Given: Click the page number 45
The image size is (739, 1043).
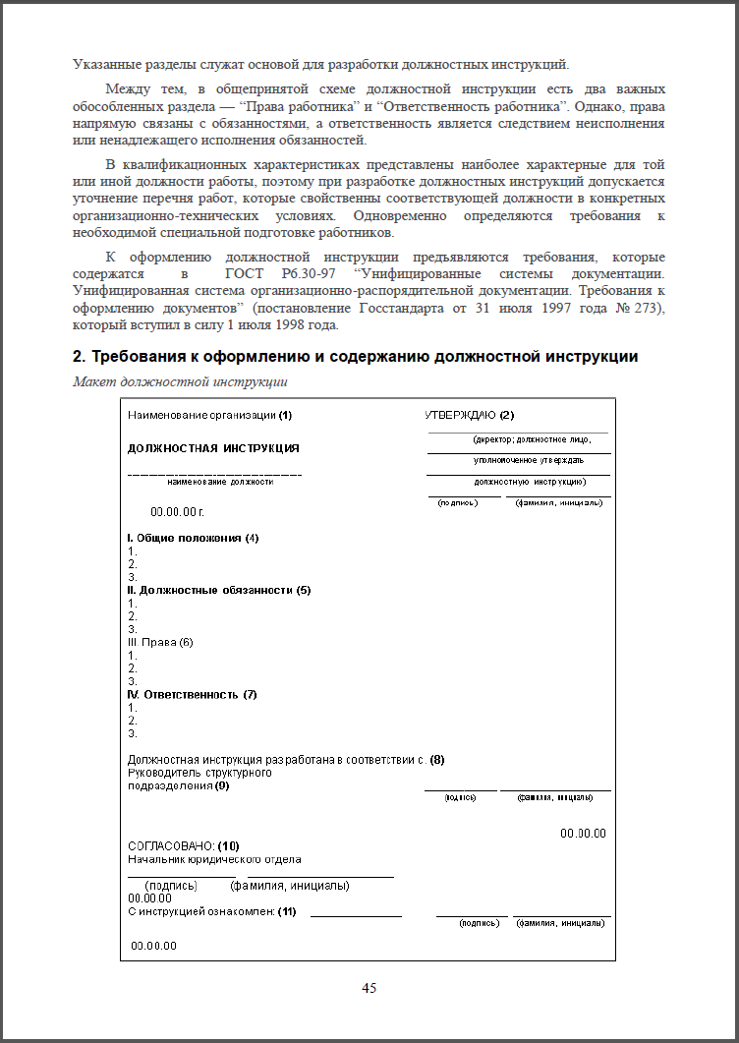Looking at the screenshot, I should coord(369,988).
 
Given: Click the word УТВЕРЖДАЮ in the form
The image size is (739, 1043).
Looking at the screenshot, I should coord(461,415).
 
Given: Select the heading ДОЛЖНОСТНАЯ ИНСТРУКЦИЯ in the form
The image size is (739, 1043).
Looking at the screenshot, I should coord(213,448).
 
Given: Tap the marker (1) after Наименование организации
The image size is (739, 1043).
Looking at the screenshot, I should coord(285,415).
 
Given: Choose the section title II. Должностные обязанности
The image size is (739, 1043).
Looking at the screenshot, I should coord(210,590).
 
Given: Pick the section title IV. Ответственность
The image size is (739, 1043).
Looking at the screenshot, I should coord(185,694).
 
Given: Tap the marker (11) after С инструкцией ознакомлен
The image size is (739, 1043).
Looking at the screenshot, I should coord(287,911).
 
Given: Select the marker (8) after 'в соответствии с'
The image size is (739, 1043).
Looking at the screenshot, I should coord(437,759).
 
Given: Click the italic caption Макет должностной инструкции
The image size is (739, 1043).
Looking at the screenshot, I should coord(181,381).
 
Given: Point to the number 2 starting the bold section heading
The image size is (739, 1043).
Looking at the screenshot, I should coord(78,356).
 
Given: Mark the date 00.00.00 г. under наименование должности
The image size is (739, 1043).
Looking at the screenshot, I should coord(177,511).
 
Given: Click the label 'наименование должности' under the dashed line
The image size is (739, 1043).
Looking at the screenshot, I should coord(220,483).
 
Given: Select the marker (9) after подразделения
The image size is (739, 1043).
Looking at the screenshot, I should coord(222,785).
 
